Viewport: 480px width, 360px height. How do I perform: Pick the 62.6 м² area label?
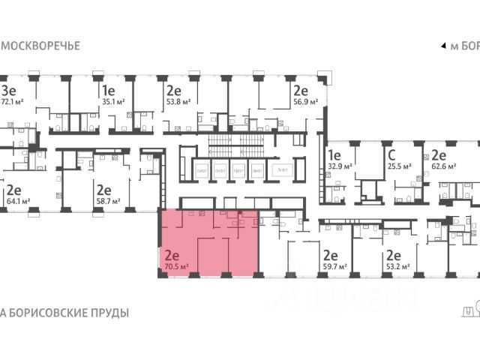click(x=443, y=166)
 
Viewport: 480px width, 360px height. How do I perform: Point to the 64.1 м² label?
click(x=16, y=202)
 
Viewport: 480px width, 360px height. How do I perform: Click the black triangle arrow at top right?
click(x=442, y=46)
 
